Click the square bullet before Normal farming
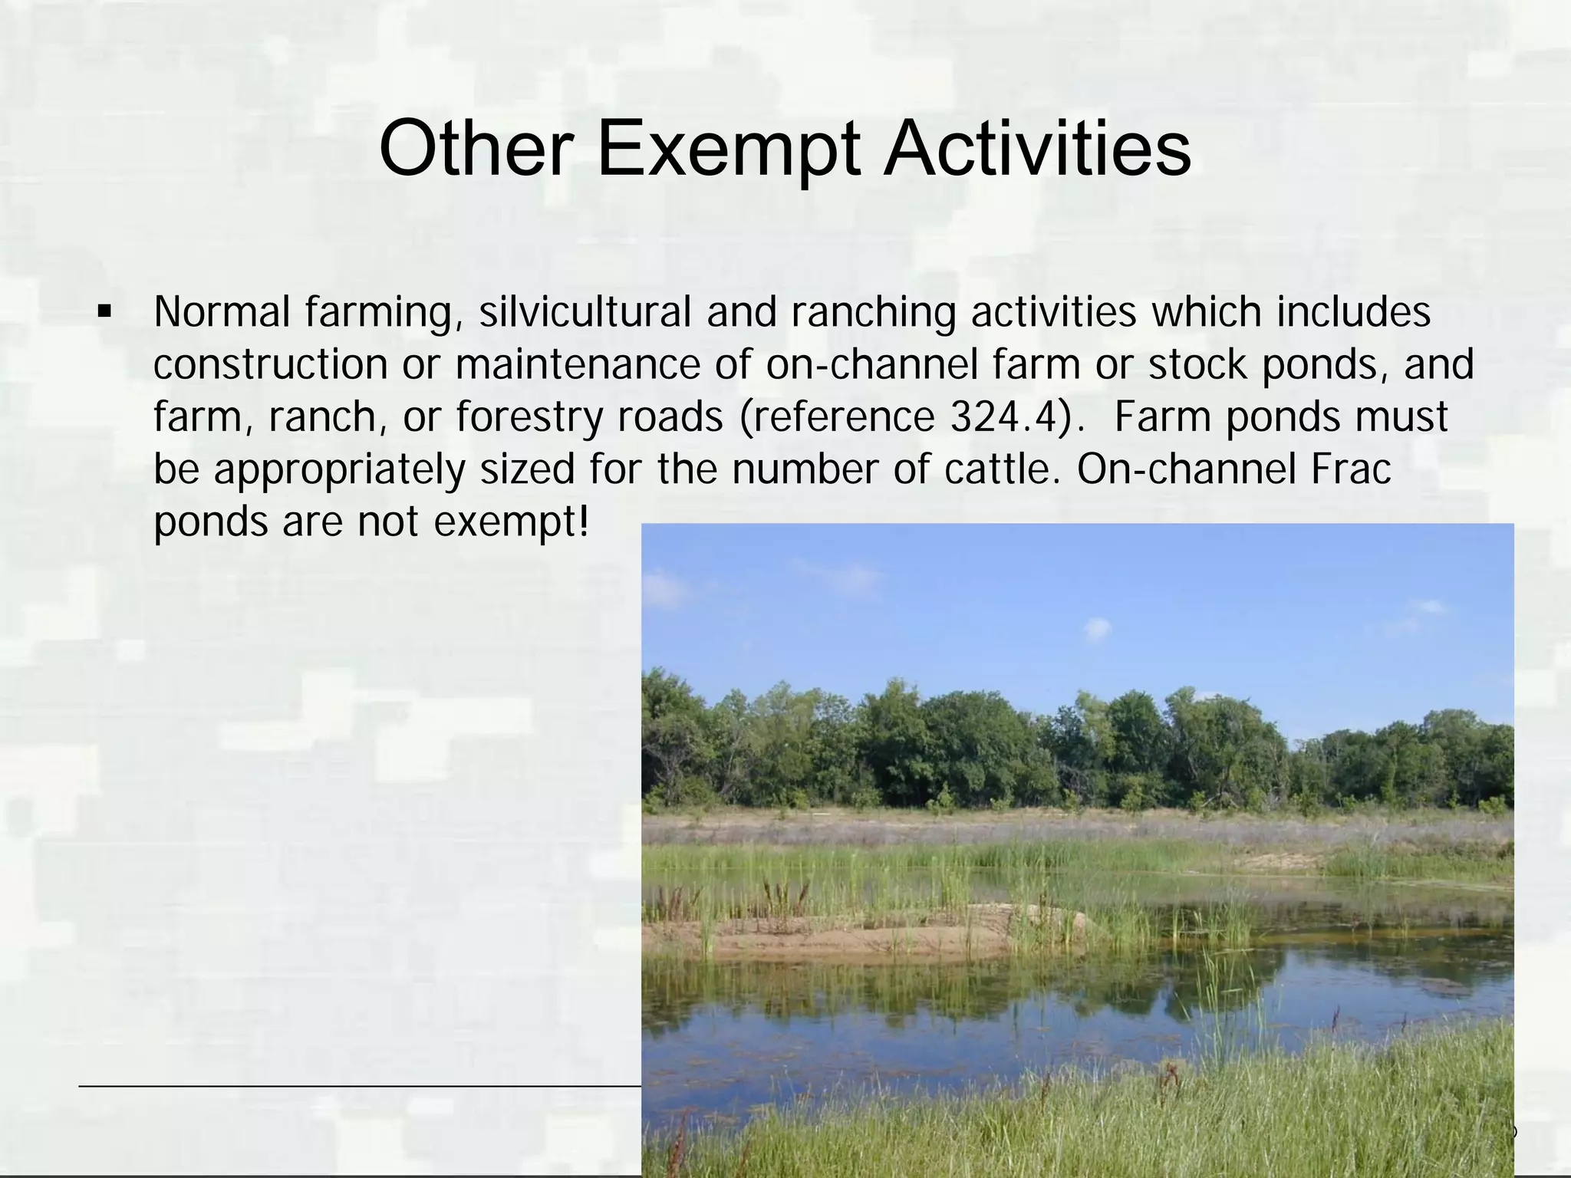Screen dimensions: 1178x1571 coord(103,313)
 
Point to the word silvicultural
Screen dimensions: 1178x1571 coord(585,313)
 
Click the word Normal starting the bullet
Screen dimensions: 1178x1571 coord(222,313)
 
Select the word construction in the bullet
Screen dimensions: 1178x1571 coord(271,365)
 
